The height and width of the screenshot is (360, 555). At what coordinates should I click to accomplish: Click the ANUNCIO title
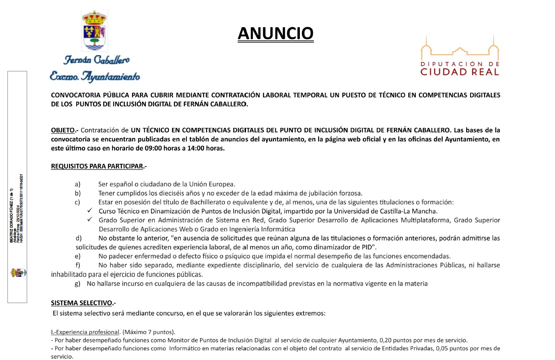(275, 33)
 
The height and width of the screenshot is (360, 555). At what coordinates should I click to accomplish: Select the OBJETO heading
(63, 131)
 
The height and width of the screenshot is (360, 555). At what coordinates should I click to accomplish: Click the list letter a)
(77, 184)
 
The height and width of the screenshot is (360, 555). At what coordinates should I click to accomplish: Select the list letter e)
(77, 256)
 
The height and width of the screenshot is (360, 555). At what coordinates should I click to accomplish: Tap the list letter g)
(77, 284)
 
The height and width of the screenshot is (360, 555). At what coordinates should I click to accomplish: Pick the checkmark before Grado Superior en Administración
(90, 220)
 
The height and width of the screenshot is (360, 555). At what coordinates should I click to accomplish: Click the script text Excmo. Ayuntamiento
(95, 77)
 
